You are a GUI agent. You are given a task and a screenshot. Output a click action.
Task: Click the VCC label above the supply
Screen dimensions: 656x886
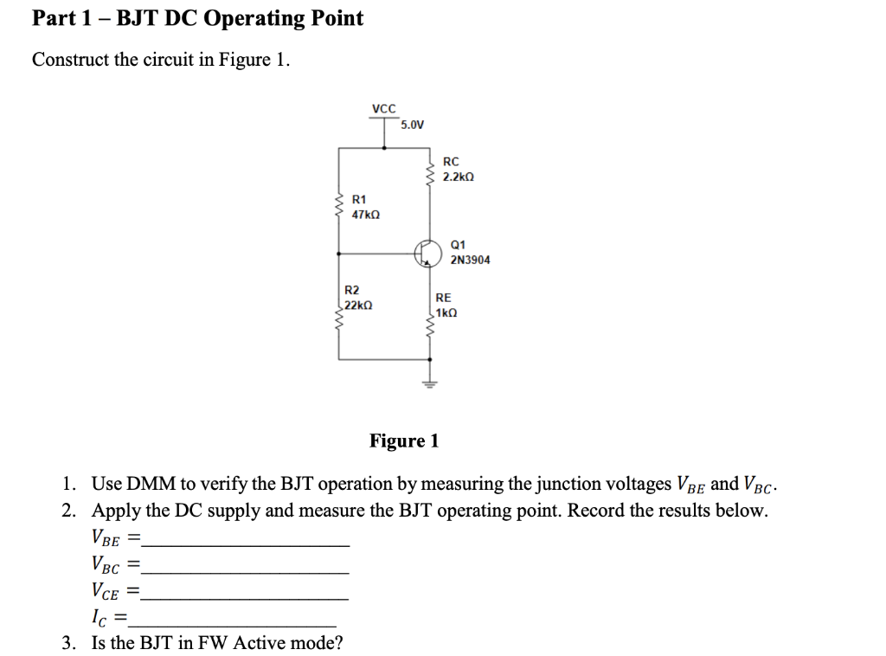click(383, 109)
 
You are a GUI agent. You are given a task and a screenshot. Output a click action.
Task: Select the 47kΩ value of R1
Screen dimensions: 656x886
click(366, 214)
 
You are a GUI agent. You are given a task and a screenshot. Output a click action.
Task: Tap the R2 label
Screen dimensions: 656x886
click(352, 291)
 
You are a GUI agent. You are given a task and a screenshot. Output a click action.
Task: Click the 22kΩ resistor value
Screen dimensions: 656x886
click(357, 305)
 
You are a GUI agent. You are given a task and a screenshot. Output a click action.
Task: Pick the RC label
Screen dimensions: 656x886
click(451, 162)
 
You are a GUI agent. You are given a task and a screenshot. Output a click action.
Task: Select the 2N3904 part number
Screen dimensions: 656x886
click(470, 260)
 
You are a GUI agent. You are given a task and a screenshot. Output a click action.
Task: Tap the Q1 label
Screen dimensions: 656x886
click(459, 245)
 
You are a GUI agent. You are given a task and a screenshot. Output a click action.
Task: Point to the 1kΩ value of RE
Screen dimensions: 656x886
click(446, 312)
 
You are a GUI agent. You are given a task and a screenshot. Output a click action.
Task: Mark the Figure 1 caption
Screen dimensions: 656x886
click(404, 441)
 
